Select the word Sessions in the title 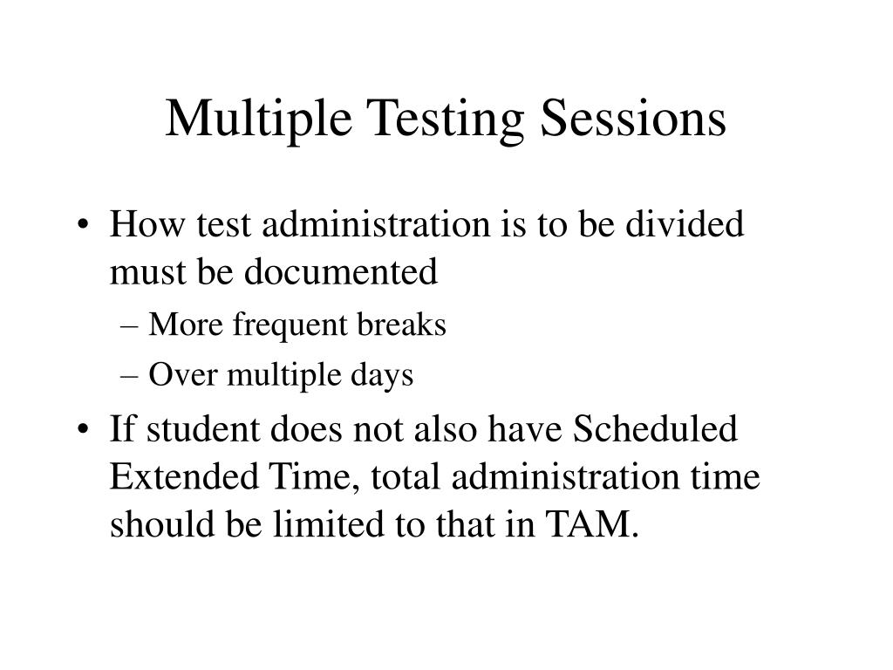click(634, 120)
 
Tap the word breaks click(403, 325)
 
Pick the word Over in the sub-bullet click(181, 375)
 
